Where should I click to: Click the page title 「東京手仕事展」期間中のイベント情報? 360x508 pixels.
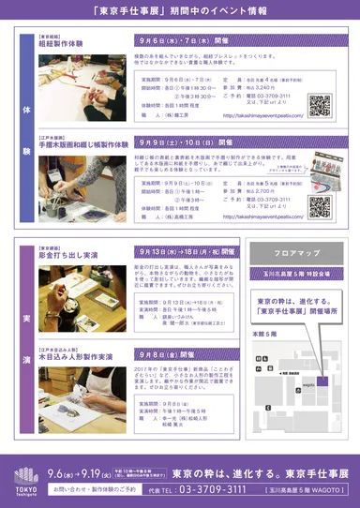click(180, 12)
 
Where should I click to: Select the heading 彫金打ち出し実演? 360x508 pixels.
click(60, 253)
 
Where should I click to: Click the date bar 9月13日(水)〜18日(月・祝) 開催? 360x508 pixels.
click(187, 252)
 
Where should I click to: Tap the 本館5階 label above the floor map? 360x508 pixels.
click(265, 333)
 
